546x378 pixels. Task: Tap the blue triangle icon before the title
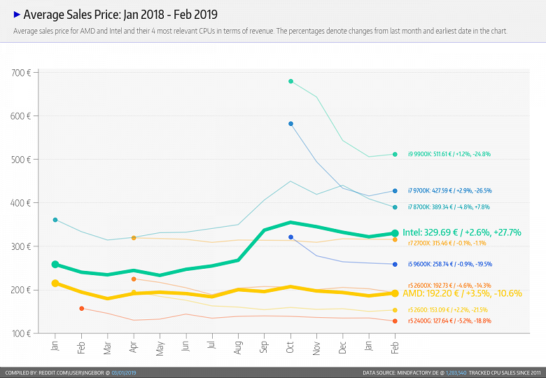pos(17,14)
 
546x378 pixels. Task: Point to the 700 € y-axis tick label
pos(20,73)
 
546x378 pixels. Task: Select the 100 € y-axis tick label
pos(20,333)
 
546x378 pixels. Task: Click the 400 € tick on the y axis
pos(20,203)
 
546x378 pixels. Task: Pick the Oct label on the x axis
pos(290,346)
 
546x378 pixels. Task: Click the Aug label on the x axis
pos(238,346)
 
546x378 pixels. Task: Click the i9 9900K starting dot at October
pos(290,81)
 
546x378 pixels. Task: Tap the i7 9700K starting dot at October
pos(290,124)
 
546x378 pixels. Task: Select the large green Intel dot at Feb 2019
pos(395,233)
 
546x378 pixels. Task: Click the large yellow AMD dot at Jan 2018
pos(55,283)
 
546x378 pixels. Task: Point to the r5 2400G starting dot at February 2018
pos(82,309)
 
